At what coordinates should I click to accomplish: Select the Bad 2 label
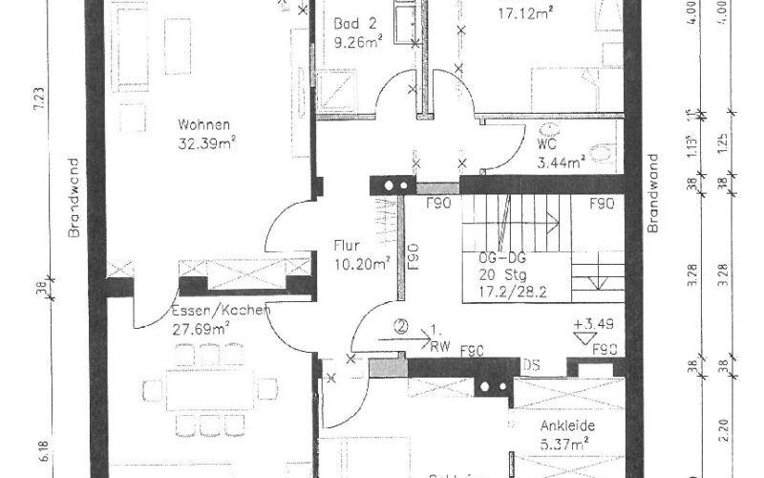coord(352,24)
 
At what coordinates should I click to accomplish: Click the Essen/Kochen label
coord(221,311)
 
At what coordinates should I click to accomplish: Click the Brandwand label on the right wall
coord(653,194)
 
